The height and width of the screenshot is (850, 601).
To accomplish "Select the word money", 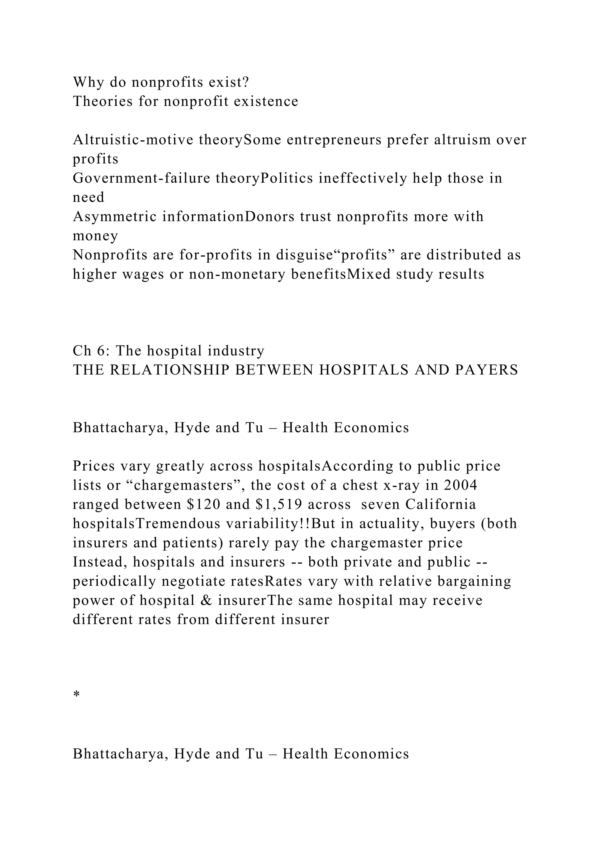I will (95, 236).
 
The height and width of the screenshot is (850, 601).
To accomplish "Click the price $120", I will (201, 504).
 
